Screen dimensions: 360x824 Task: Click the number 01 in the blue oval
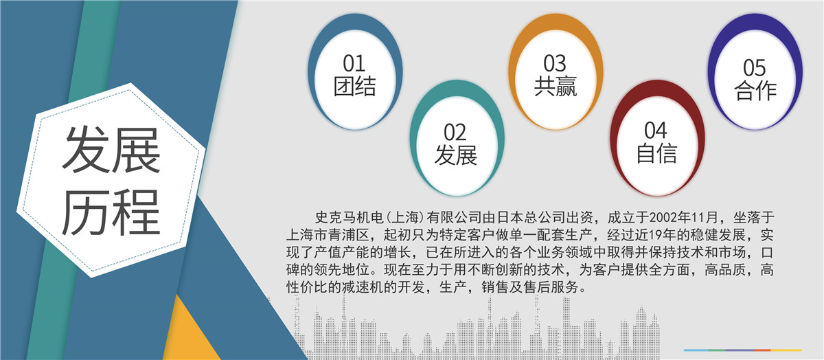pyautogui.click(x=354, y=64)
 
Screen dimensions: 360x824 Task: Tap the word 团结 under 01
pyautogui.click(x=354, y=86)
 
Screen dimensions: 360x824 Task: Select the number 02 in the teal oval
pyautogui.click(x=455, y=133)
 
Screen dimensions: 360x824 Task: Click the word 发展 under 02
pyautogui.click(x=455, y=155)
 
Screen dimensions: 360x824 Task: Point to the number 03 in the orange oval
pyautogui.click(x=555, y=64)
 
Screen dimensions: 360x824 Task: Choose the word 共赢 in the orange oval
pyautogui.click(x=555, y=86)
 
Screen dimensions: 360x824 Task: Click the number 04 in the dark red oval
pyautogui.click(x=656, y=130)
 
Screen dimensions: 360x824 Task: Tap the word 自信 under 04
pyautogui.click(x=656, y=153)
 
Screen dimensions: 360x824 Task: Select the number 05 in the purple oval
pyautogui.click(x=754, y=67)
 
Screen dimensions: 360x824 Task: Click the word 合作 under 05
pyautogui.click(x=755, y=90)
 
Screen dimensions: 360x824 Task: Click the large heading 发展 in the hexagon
pyautogui.click(x=112, y=150)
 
